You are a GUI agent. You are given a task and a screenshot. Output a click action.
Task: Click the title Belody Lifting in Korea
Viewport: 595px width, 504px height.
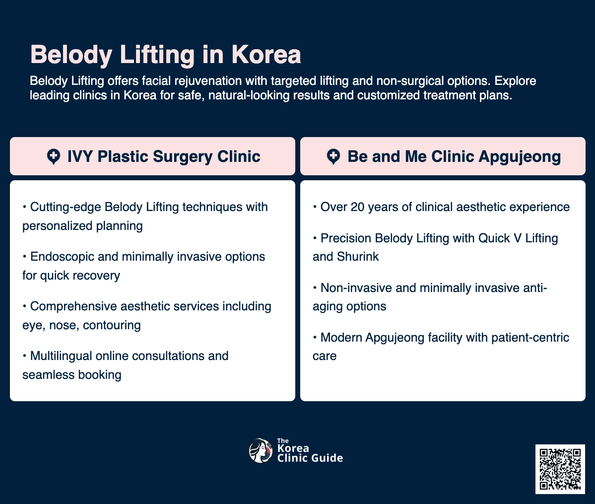165,55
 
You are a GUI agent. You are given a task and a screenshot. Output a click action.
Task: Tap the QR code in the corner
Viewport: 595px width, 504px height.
560,469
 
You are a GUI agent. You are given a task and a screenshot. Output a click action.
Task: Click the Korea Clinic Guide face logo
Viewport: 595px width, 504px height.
261,451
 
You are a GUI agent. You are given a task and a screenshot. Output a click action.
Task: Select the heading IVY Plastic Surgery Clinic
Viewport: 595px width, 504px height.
164,156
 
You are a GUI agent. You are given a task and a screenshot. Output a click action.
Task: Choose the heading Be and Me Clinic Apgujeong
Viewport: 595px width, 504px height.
454,156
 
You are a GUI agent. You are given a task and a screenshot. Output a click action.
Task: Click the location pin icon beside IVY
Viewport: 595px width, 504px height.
53,157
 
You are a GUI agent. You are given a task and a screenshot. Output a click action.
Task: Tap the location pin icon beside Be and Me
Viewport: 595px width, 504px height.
333,157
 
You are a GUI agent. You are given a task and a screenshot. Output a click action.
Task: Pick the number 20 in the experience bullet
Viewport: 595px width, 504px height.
357,207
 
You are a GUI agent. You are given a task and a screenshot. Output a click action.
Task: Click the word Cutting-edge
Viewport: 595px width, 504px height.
66,207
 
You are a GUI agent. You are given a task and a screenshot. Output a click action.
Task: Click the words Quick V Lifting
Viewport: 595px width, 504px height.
518,238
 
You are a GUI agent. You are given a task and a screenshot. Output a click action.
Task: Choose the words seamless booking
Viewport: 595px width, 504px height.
72,375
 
